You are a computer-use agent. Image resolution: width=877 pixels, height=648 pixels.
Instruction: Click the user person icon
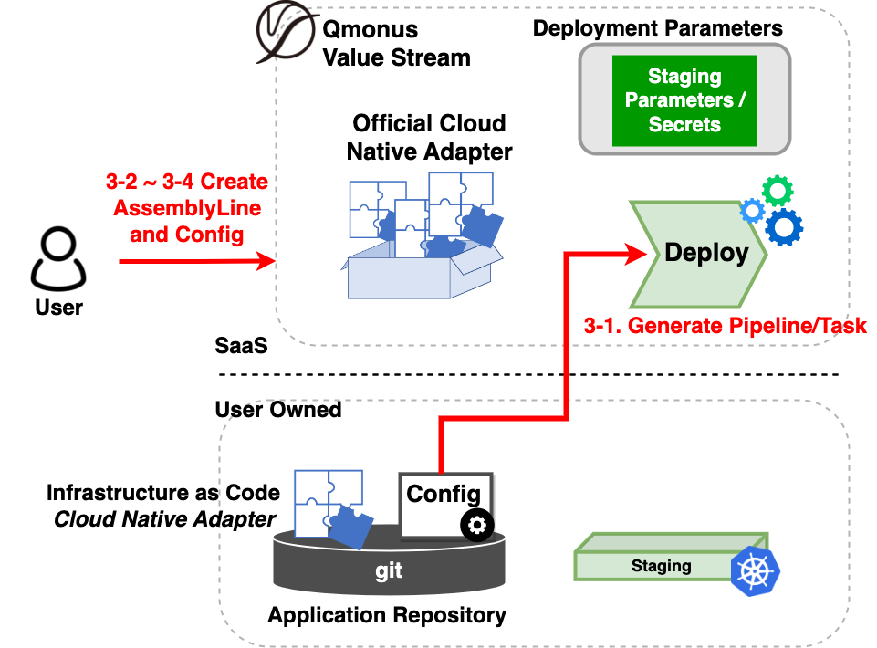click(x=58, y=258)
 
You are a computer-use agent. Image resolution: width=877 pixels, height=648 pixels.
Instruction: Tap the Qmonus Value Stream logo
click(x=283, y=37)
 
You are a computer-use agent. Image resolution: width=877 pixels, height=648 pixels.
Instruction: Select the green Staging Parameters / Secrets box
click(x=684, y=100)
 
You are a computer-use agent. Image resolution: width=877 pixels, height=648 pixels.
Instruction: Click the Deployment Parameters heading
click(x=658, y=27)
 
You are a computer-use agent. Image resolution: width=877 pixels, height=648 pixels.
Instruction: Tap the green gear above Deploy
click(x=778, y=190)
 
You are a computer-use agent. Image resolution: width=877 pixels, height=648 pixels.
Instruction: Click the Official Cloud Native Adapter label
click(x=429, y=137)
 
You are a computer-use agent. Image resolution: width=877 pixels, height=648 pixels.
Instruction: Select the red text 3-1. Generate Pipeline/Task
click(x=725, y=325)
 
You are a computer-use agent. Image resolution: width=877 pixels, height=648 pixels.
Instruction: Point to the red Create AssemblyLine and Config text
click(x=187, y=208)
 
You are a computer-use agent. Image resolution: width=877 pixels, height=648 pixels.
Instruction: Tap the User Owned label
click(x=278, y=409)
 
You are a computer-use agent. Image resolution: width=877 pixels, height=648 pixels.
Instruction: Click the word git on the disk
click(x=389, y=572)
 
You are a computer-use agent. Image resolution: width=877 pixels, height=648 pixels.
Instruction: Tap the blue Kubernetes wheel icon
click(x=756, y=571)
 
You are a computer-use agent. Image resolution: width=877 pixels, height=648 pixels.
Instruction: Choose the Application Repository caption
click(x=387, y=615)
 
